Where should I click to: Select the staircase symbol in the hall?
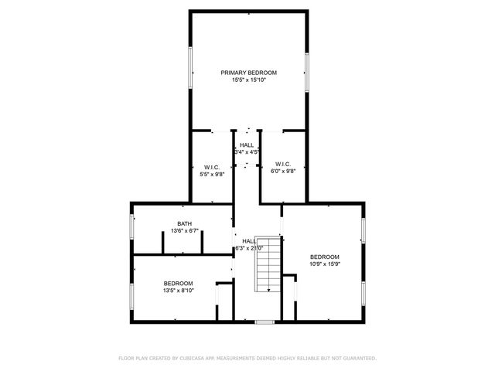click(x=268, y=263)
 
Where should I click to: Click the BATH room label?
click(x=183, y=224)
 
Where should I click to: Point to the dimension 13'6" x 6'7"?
click(x=183, y=231)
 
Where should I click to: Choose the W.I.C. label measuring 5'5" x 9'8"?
click(x=213, y=167)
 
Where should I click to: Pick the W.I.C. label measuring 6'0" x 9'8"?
click(x=283, y=164)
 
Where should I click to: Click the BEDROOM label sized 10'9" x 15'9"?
click(x=324, y=257)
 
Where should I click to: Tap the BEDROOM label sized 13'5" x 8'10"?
click(x=178, y=284)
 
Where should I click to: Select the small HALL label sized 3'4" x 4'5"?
click(x=247, y=145)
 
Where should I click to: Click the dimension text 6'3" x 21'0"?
click(x=249, y=248)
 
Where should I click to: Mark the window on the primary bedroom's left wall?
click(x=191, y=69)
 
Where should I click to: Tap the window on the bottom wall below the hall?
click(x=265, y=321)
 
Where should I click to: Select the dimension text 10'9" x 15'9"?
click(x=324, y=264)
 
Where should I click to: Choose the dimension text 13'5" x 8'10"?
click(x=178, y=291)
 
